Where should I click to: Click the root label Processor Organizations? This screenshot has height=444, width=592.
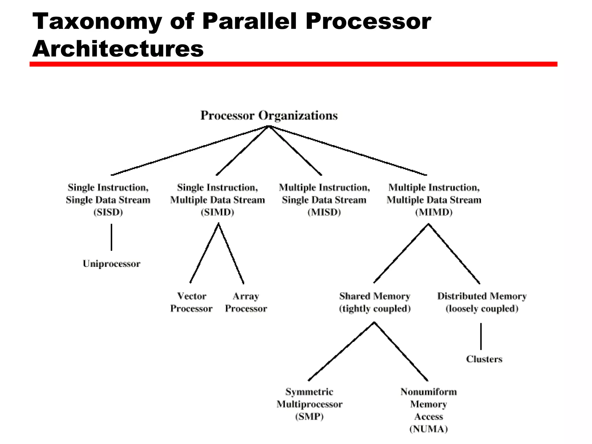click(x=269, y=115)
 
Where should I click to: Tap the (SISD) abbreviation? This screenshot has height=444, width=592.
click(x=108, y=212)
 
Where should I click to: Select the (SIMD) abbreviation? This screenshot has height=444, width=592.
click(x=217, y=212)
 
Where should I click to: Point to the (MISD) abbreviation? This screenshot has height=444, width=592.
click(x=324, y=212)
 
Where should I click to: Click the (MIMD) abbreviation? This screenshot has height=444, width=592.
click(x=434, y=212)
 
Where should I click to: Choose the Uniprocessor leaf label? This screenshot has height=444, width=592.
click(x=111, y=264)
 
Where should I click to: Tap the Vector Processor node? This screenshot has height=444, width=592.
click(x=191, y=302)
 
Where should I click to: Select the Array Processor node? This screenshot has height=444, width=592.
click(x=246, y=302)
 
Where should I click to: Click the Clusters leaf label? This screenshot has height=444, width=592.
click(x=484, y=359)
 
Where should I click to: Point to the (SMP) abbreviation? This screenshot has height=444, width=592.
click(x=309, y=417)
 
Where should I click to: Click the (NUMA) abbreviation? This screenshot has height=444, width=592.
click(x=428, y=429)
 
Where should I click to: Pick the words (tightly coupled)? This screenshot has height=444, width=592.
click(x=375, y=309)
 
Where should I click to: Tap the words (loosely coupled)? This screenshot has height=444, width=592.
click(x=482, y=309)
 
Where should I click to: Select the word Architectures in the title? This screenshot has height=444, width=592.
click(x=118, y=49)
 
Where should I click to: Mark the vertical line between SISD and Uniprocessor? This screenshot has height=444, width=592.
click(x=112, y=237)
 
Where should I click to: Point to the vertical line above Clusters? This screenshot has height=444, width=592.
click(x=481, y=336)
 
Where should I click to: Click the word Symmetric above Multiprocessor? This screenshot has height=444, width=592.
click(x=309, y=392)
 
